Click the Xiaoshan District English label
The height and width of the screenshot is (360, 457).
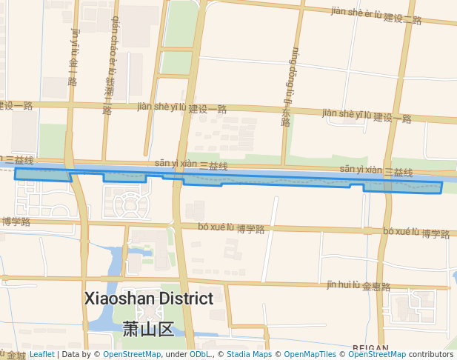149,299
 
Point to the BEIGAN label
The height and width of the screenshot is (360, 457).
371,347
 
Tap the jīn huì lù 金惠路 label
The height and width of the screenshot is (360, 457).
358,285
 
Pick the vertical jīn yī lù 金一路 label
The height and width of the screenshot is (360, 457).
73,57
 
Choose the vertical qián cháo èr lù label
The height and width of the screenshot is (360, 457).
111,65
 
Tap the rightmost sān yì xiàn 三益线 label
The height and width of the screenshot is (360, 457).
376,170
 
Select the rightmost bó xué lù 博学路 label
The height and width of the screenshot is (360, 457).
416,233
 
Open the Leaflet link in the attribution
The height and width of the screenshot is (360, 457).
41,355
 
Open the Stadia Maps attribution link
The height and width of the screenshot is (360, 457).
247,355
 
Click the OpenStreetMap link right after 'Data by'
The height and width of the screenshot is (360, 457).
131,355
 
